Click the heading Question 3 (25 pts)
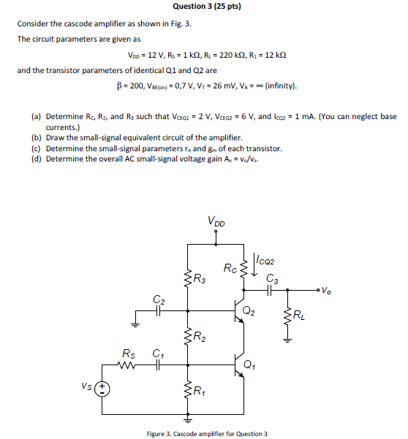[x=207, y=7]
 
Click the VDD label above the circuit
[x=216, y=220]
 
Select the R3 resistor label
[x=198, y=278]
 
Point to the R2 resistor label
[x=198, y=337]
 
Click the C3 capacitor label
[x=272, y=278]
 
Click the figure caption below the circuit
[x=207, y=434]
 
